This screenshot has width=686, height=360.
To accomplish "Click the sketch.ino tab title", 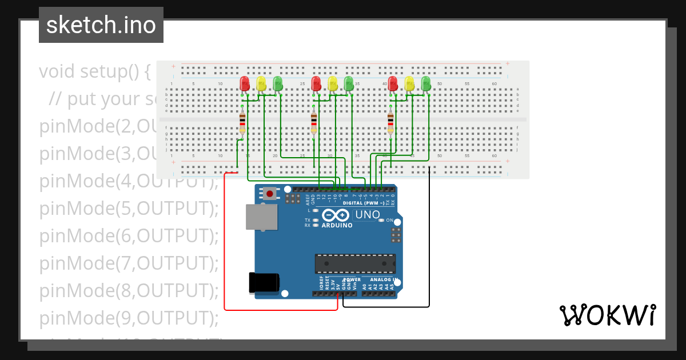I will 101,25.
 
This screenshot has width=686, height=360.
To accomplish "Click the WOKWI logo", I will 607,315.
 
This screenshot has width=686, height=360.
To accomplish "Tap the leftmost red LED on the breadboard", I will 245,84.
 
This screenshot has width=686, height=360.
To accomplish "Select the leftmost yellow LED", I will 261,84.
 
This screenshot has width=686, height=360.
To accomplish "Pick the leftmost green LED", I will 278,84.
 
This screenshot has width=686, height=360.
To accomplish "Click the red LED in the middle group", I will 316,84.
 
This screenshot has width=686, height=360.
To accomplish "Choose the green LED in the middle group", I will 349,84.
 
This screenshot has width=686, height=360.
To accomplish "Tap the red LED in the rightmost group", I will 393,84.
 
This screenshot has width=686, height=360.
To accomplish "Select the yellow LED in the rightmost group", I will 409,84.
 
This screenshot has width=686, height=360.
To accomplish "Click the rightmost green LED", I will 426,84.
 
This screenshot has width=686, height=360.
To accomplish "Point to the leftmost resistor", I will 242,123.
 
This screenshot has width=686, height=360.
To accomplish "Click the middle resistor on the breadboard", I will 314,123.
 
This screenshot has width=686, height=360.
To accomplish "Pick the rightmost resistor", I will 390,123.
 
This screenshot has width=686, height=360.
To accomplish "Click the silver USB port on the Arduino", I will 261,218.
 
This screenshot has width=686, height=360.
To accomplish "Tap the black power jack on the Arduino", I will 265,283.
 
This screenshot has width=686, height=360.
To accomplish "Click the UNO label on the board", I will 367,215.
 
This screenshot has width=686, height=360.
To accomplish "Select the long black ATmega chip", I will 354,263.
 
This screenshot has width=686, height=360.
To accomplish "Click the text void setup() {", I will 95,71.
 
